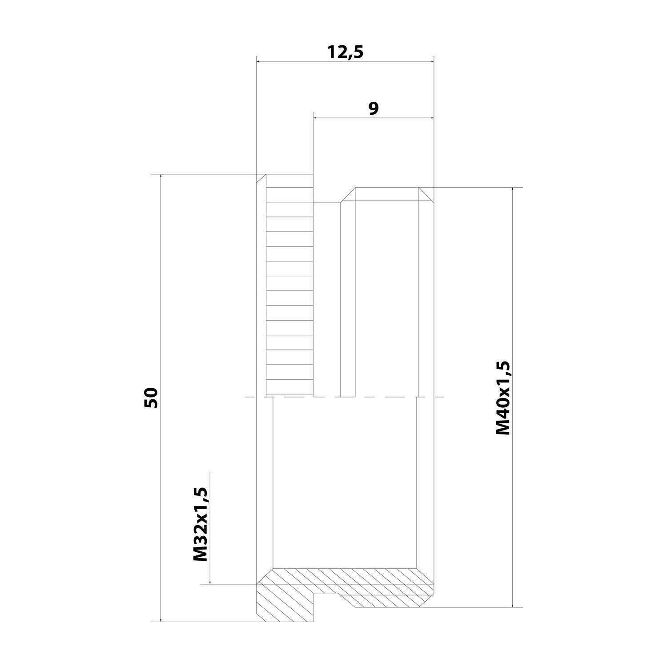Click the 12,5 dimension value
tap(346, 52)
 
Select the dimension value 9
tap(374, 108)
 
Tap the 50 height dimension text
tap(151, 398)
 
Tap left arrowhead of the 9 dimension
tap(317, 118)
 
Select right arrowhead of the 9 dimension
tap(431, 118)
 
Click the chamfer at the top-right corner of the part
tap(426, 193)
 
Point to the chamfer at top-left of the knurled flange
tap(261, 179)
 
